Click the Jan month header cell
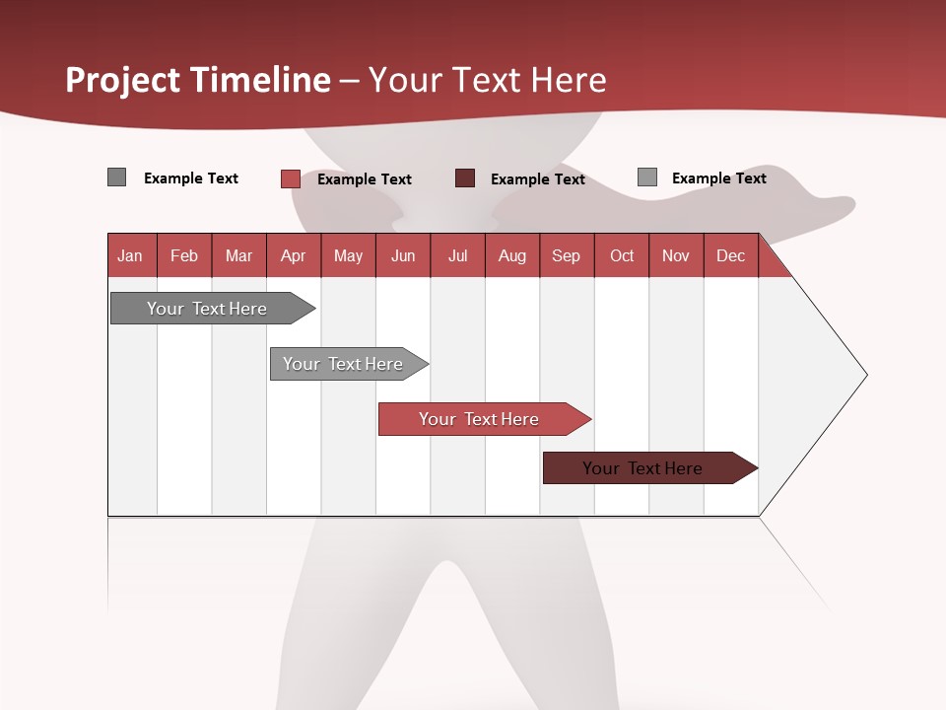pyautogui.click(x=131, y=255)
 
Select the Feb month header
pyautogui.click(x=184, y=255)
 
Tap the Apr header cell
pyautogui.click(x=293, y=255)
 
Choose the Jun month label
pyautogui.click(x=403, y=255)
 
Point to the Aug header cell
pyautogui.click(x=511, y=255)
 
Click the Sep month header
pyautogui.click(x=566, y=255)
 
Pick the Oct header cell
pyautogui.click(x=622, y=255)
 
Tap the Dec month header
pyautogui.click(x=730, y=255)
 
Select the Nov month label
pyautogui.click(x=676, y=255)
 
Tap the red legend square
pyautogui.click(x=290, y=178)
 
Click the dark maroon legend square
pyautogui.click(x=465, y=178)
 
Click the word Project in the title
pyautogui.click(x=123, y=80)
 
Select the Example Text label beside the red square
pyautogui.click(x=365, y=179)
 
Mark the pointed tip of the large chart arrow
pyautogui.click(x=865, y=375)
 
